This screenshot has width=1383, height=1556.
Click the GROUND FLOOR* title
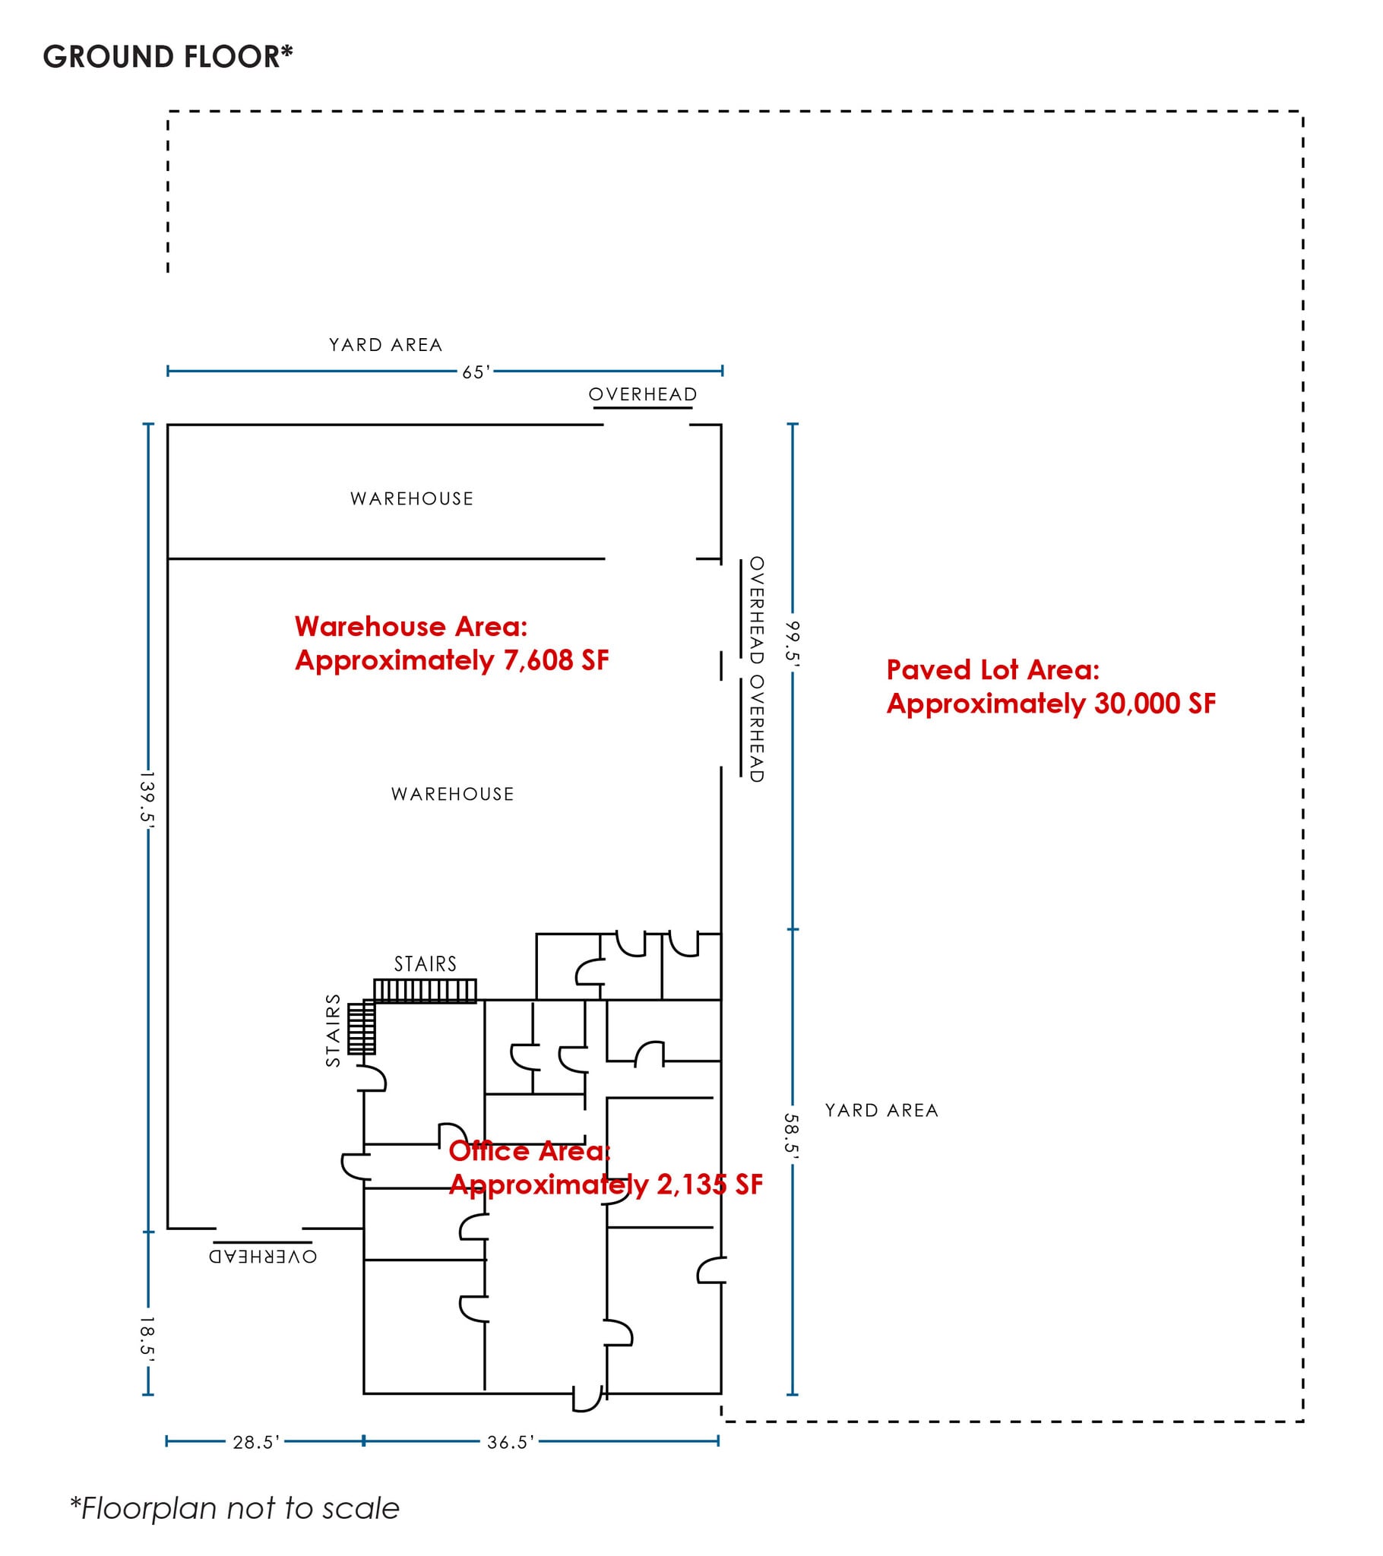pyautogui.click(x=168, y=57)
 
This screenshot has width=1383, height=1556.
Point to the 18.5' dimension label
pyautogui.click(x=147, y=1337)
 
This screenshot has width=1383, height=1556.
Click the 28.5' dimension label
pyautogui.click(x=257, y=1442)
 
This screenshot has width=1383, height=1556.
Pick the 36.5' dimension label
pyautogui.click(x=511, y=1442)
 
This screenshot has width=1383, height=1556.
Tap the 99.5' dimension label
pyautogui.click(x=793, y=644)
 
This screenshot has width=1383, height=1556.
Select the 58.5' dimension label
pyautogui.click(x=792, y=1137)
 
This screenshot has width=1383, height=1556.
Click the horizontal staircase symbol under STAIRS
pyautogui.click(x=425, y=991)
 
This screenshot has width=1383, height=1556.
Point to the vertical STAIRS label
pyautogui.click(x=333, y=1031)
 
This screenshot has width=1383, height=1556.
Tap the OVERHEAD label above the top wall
pyautogui.click(x=643, y=394)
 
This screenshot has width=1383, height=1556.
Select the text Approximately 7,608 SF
pyautogui.click(x=451, y=660)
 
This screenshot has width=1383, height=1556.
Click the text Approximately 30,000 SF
pyautogui.click(x=1051, y=704)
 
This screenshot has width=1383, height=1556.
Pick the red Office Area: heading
pyautogui.click(x=530, y=1151)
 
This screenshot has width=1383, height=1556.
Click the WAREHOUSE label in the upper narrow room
pyautogui.click(x=412, y=498)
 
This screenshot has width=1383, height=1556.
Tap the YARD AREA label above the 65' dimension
pyautogui.click(x=385, y=345)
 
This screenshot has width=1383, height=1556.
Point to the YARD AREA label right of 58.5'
pyautogui.click(x=882, y=1111)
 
